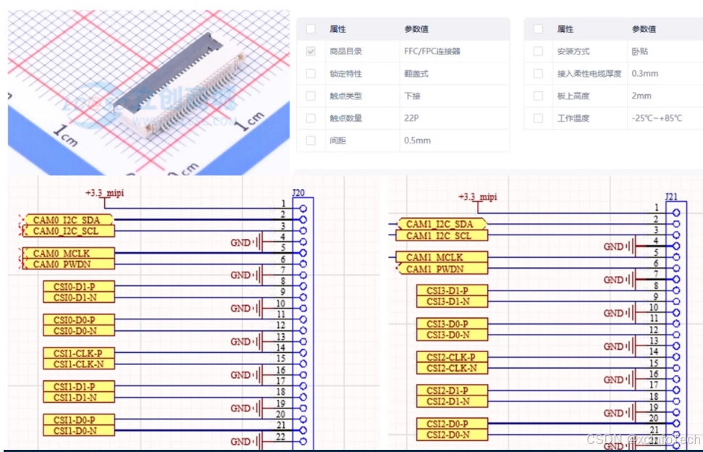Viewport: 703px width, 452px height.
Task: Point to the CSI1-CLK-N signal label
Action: coord(79,364)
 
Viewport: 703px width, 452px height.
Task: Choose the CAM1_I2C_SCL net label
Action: coord(439,235)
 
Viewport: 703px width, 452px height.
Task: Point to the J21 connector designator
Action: coord(671,197)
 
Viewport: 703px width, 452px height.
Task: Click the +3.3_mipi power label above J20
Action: coord(104,193)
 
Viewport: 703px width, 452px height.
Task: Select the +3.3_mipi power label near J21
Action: coord(478,196)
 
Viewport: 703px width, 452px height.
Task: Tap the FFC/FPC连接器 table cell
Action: coord(432,51)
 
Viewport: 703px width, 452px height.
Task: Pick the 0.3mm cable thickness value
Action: coord(644,73)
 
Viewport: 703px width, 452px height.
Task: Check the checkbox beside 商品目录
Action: coord(311,51)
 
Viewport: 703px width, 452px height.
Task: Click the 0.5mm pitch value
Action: coord(417,141)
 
